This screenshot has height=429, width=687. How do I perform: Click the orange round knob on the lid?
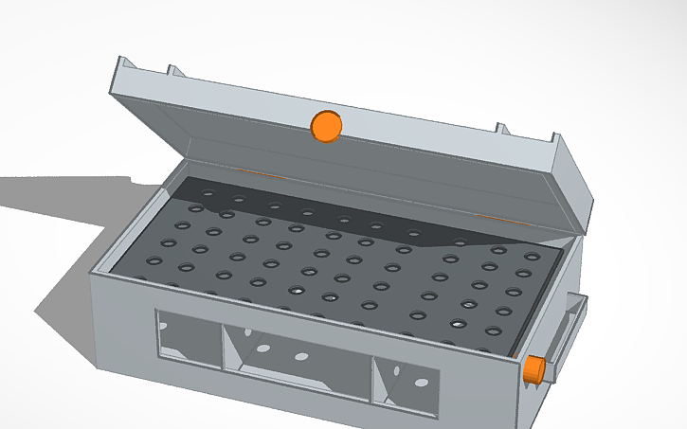click(326, 127)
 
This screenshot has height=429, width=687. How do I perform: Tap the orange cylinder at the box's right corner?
click(535, 370)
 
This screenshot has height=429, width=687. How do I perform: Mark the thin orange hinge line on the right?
click(493, 217)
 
